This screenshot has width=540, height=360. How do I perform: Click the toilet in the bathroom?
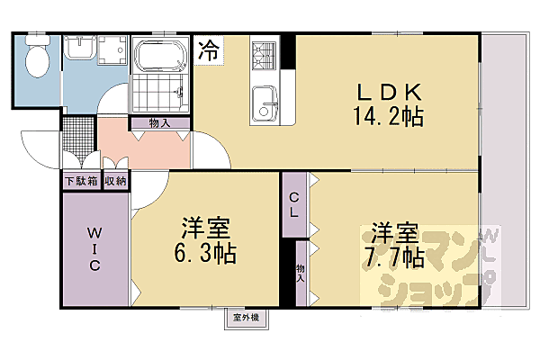tap(38, 60)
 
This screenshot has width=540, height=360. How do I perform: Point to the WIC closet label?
tap(94, 249)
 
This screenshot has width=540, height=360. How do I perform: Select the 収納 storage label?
tap(115, 181)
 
